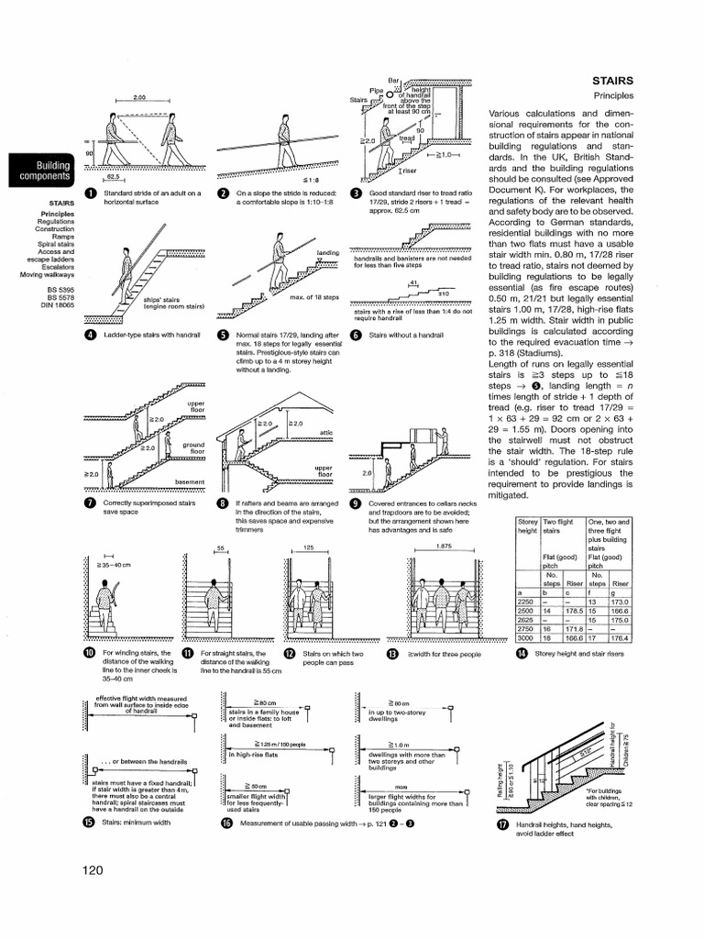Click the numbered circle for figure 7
[90, 503]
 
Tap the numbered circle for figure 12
[288, 653]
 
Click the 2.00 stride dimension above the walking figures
[140, 97]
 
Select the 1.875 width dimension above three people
[423, 547]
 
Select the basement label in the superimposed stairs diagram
[192, 481]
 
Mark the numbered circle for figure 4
[90, 335]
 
